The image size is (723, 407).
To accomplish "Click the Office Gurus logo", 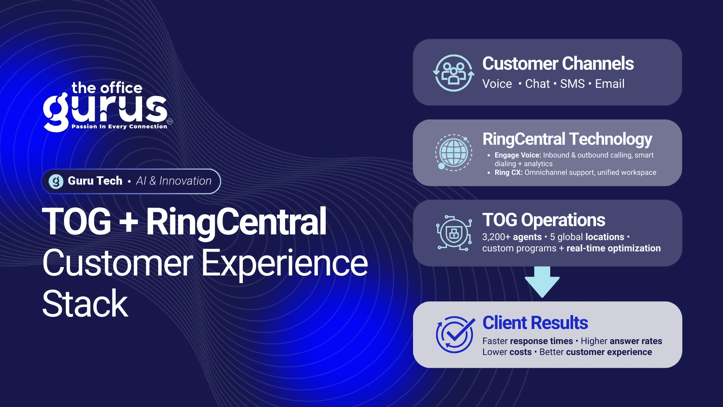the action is (x=108, y=107).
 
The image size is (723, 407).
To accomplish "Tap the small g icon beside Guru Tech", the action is (x=56, y=181).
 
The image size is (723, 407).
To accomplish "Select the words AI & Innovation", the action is (x=174, y=181).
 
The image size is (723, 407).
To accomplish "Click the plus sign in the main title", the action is (x=128, y=222).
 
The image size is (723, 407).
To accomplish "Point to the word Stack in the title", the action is (x=85, y=304).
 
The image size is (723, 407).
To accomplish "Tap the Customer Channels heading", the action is (x=558, y=63).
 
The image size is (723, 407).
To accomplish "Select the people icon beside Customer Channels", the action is (x=454, y=73).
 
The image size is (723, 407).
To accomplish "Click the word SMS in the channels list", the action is (x=572, y=84).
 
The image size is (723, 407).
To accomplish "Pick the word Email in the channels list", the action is (x=610, y=84).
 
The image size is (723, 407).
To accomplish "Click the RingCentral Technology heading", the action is (x=567, y=139).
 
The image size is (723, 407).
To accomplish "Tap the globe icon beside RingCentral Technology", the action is (x=453, y=153).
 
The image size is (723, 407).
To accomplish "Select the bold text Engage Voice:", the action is (x=518, y=155).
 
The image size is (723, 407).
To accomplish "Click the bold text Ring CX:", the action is (x=508, y=173).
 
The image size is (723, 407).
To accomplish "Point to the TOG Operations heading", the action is (x=544, y=220).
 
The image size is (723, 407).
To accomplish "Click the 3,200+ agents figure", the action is (x=512, y=237).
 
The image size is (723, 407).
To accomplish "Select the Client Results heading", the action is (x=535, y=323).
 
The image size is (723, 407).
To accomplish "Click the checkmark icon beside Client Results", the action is (x=455, y=335).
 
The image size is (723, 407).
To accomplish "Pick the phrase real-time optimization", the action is (x=613, y=248).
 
